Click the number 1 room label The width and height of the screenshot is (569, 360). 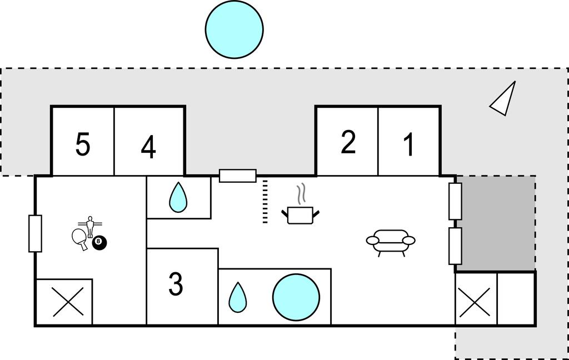coord(409,146)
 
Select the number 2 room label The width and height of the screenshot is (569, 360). coord(348,143)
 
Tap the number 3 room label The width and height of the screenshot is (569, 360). coord(176,284)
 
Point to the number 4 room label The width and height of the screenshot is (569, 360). coord(148,148)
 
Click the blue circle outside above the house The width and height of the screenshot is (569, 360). coord(234,29)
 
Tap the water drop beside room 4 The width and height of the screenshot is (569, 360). coord(178,197)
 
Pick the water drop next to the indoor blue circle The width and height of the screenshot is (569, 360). coord(237,297)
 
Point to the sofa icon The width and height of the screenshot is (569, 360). coord(391,242)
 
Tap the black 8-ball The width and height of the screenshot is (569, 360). coord(99,242)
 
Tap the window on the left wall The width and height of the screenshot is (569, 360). coord(35,233)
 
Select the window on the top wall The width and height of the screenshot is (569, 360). coord(238,176)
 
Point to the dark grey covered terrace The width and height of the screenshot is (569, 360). coord(495,223)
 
